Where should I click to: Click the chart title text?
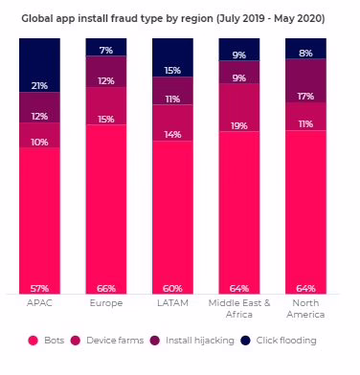pos(173,18)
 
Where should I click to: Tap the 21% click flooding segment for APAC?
pos(39,65)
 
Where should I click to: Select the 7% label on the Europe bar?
pos(106,51)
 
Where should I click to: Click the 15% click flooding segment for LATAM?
pos(172,57)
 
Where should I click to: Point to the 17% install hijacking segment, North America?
pos(305,80)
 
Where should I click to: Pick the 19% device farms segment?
pos(239,107)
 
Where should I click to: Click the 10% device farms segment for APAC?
pos(39,135)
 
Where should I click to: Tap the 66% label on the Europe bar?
pos(106,289)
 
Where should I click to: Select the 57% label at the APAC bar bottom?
pos(39,289)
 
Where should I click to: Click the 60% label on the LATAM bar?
pos(172,289)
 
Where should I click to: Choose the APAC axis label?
pos(39,303)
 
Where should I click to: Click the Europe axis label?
pos(106,303)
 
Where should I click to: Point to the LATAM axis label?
pos(172,303)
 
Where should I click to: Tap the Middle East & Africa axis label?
pos(239,309)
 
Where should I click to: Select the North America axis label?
pos(305,309)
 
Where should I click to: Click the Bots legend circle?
pos(33,341)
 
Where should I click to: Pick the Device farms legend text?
pos(115,341)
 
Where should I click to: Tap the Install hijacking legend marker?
pos(155,341)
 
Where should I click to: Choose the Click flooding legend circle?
pos(245,341)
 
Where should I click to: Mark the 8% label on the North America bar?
pos(305,54)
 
